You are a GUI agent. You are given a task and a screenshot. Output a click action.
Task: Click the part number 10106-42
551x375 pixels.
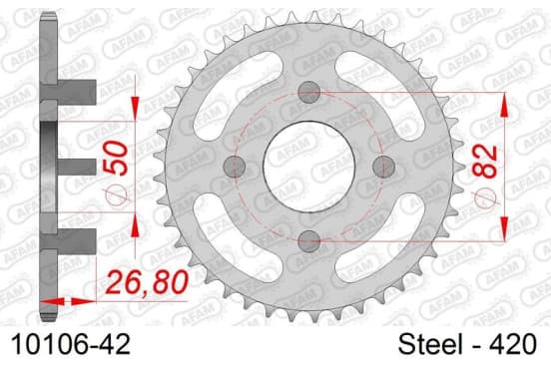[x=71, y=344]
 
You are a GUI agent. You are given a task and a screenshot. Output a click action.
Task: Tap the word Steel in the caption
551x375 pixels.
[x=430, y=344]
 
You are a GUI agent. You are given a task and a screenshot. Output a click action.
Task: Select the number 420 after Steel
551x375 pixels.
[x=513, y=344]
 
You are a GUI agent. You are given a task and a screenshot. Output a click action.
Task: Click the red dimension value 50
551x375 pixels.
[x=117, y=158]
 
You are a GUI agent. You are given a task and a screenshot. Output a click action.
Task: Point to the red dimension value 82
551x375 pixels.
[x=485, y=162]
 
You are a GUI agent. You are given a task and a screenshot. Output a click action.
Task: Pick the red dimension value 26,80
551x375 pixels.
[x=147, y=282]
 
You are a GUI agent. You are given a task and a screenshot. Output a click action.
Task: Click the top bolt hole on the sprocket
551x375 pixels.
[x=308, y=92]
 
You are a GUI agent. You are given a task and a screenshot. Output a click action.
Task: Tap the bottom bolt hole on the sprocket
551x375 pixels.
[x=308, y=241]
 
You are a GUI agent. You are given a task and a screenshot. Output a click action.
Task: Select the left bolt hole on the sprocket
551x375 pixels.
[x=235, y=167]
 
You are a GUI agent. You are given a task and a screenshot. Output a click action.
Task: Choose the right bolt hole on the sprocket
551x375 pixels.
[x=383, y=167]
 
